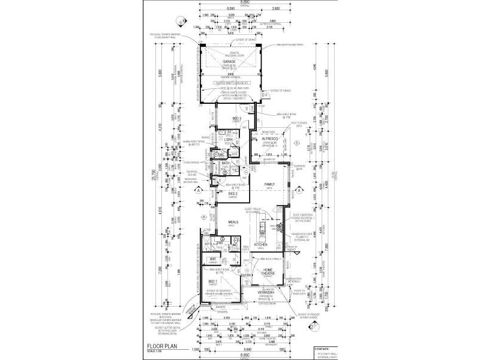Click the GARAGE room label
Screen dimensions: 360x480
coord(229,61)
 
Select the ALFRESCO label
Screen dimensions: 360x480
coord(270,138)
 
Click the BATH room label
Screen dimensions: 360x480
coord(226,163)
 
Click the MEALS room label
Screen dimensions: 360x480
coord(233,221)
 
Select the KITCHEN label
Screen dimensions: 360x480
coord(260,245)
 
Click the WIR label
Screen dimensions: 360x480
coord(212,259)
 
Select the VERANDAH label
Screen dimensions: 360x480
coord(267,292)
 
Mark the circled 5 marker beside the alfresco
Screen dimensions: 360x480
coord(297,143)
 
